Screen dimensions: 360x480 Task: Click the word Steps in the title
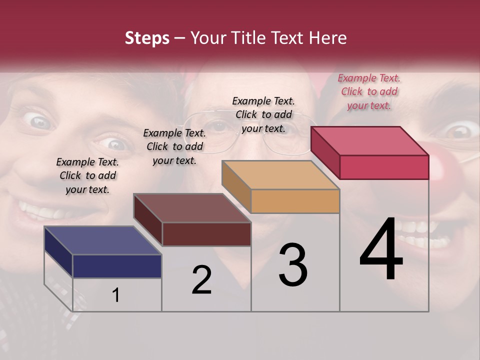[147, 38]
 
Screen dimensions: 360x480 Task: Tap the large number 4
[381, 249]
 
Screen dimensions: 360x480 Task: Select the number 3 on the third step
[293, 265]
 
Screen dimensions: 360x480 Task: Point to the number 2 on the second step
[202, 280]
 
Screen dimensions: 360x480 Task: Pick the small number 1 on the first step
[116, 295]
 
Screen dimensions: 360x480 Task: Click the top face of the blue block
[102, 240]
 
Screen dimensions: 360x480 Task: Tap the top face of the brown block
[192, 208]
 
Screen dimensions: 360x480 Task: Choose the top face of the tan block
[280, 175]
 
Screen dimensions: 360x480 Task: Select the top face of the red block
[369, 141]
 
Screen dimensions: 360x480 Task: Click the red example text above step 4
[369, 91]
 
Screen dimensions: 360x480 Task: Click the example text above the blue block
[87, 175]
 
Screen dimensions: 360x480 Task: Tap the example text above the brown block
[174, 146]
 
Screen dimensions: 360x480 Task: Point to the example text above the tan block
[263, 114]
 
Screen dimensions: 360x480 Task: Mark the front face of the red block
[384, 167]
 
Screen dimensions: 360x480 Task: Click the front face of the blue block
[117, 266]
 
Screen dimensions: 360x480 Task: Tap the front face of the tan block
[295, 201]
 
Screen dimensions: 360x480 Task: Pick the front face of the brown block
[206, 234]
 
